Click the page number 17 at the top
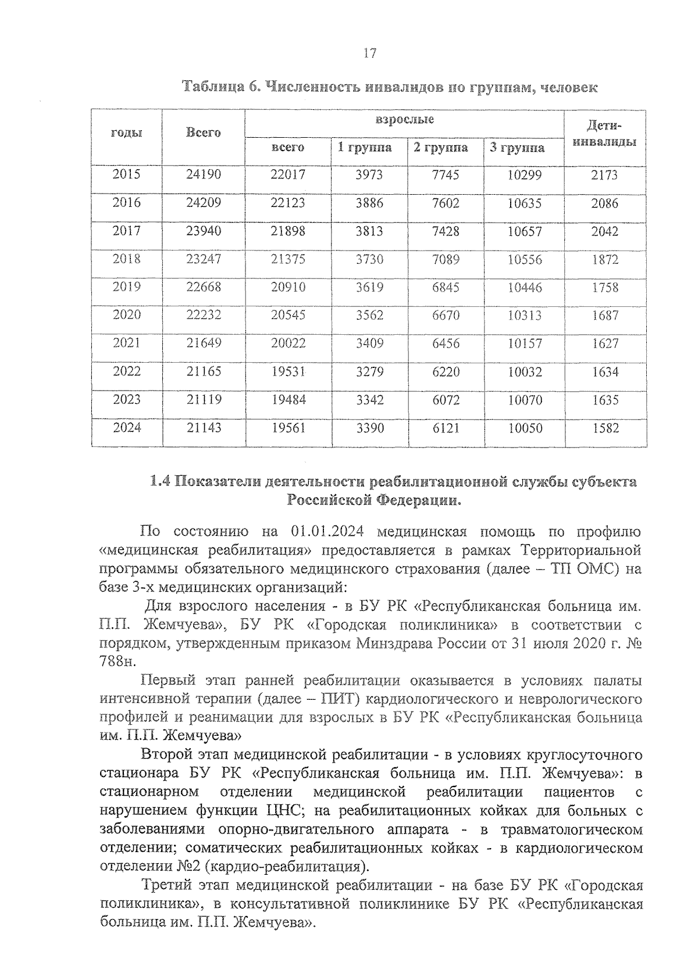[369, 54]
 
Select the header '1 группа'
[365, 148]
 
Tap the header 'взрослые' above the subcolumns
[404, 120]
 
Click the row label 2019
[126, 287]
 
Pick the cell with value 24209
[203, 203]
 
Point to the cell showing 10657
[524, 231]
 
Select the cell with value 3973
[369, 174]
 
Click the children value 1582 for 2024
[605, 428]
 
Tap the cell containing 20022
[288, 344]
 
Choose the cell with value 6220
[446, 372]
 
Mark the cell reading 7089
[446, 259]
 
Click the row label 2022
[126, 371]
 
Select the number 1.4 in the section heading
[160, 482]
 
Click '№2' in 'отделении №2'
[186, 867]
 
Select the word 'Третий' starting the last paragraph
[166, 885]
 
